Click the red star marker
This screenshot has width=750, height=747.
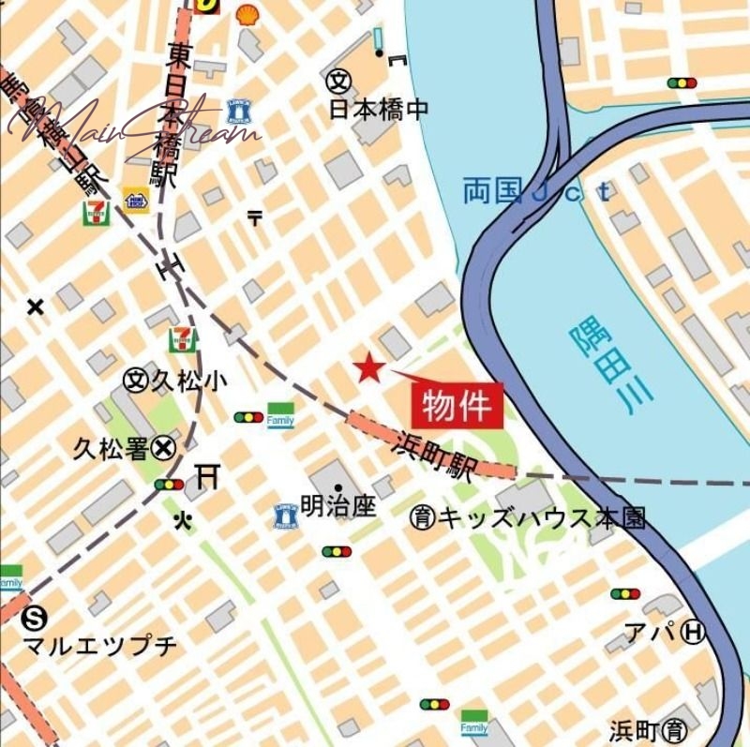pyautogui.click(x=368, y=368)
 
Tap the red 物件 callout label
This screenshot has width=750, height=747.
pyautogui.click(x=457, y=406)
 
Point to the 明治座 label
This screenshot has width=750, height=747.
pyautogui.click(x=338, y=507)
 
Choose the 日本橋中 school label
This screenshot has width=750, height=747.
pyautogui.click(x=378, y=109)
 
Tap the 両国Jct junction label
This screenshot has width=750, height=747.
pyautogui.click(x=535, y=193)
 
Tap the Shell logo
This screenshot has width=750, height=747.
pyautogui.click(x=248, y=13)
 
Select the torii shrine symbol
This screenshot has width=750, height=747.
pyautogui.click(x=208, y=477)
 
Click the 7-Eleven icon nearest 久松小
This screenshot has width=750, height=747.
pyautogui.click(x=183, y=340)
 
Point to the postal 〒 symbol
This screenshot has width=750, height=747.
pyautogui.click(x=254, y=218)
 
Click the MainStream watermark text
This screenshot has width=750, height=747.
pyautogui.click(x=131, y=127)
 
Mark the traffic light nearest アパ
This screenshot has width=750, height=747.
pyautogui.click(x=625, y=593)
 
